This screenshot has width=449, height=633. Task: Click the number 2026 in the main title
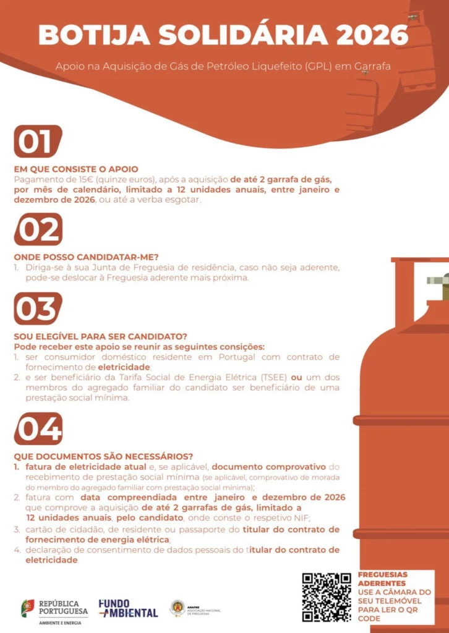(x=371, y=35)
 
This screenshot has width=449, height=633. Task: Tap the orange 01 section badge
(x=38, y=142)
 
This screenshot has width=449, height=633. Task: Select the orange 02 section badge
(x=38, y=229)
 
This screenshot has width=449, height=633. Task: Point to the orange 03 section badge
(x=38, y=308)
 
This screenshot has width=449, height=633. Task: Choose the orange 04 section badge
(x=38, y=428)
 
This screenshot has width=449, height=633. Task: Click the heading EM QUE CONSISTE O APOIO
(x=76, y=169)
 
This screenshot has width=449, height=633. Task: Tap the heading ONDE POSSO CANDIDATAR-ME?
(x=87, y=257)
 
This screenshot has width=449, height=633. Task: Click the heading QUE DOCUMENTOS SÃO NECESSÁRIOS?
(x=103, y=457)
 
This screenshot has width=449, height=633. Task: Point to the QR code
(x=327, y=597)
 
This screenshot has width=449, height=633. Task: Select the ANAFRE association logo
(x=195, y=608)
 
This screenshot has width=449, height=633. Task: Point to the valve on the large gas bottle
(x=438, y=287)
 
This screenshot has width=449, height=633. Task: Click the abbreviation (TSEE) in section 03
(x=275, y=378)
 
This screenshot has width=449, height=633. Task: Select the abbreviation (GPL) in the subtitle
(x=319, y=67)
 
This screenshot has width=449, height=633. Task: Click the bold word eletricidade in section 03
(x=124, y=367)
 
